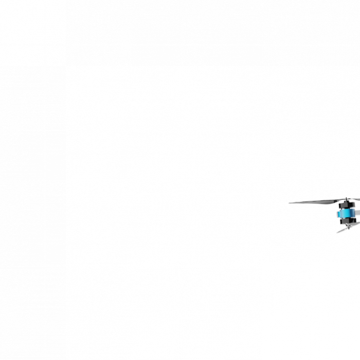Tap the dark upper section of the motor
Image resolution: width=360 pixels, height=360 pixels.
(x=346, y=205)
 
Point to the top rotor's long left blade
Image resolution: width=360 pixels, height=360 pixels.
(x=316, y=202)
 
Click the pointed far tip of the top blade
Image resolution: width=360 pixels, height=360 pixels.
(x=289, y=203)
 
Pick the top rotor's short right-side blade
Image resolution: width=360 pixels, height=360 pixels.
(x=355, y=199)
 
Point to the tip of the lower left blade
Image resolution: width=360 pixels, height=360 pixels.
(x=337, y=232)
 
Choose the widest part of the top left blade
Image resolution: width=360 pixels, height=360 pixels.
(x=329, y=201)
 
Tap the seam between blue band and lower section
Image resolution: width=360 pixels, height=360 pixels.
(x=346, y=217)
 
